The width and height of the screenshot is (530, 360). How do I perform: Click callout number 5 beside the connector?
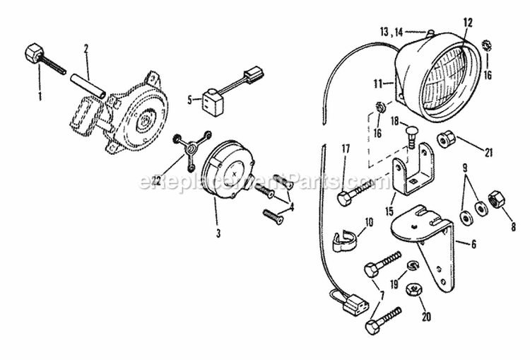pos(190,100)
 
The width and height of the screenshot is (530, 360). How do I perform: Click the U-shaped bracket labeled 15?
pos(411,177)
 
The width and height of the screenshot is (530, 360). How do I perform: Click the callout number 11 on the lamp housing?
pos(379,83)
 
